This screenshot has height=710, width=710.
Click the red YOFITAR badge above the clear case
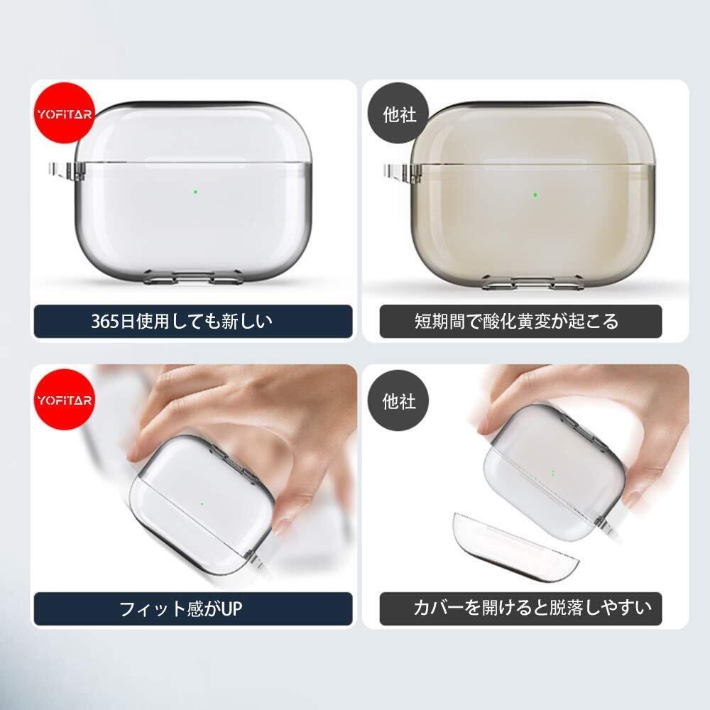point(65,113)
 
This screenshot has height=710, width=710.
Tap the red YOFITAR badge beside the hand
point(65,399)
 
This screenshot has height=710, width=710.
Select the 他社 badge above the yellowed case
point(398,114)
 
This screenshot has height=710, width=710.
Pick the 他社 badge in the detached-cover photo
point(398,400)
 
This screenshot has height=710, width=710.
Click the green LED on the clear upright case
point(196,192)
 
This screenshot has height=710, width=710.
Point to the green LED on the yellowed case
point(535,195)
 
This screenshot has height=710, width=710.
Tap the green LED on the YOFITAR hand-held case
point(202,503)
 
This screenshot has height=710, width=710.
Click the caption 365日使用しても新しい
point(182,322)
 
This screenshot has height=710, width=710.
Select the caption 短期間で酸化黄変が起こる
point(516,322)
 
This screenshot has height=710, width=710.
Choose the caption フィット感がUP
point(180,608)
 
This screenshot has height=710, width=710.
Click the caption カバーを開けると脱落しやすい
point(532,608)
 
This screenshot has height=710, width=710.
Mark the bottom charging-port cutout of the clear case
point(192,276)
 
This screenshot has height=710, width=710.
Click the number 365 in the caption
point(105,322)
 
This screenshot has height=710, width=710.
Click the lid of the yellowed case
point(532,135)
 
